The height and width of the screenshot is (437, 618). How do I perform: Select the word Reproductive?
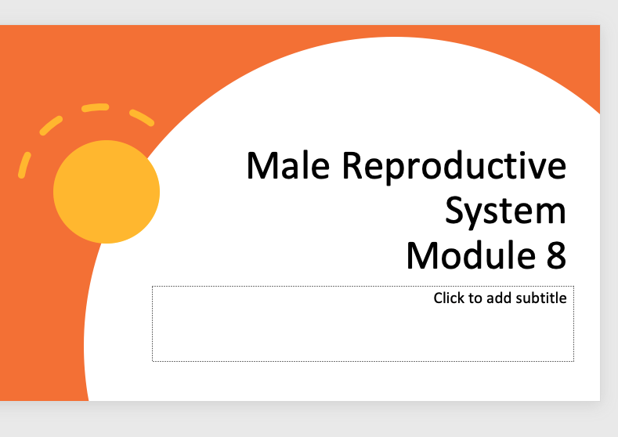pos(454,165)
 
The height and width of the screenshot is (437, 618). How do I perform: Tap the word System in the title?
pos(505,211)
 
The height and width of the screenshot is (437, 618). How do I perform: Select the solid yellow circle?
pos(107,192)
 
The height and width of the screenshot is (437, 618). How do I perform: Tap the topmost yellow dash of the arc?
pos(95,107)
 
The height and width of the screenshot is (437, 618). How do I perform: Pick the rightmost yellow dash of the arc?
pos(142,117)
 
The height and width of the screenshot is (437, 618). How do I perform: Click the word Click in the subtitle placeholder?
pos(450,298)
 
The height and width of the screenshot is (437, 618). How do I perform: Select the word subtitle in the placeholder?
pos(541,298)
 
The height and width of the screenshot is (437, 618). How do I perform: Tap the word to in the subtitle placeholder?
pos(476,298)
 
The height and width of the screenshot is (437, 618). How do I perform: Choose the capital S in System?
pos(457,210)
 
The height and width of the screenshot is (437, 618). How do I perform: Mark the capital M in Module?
pos(421,255)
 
